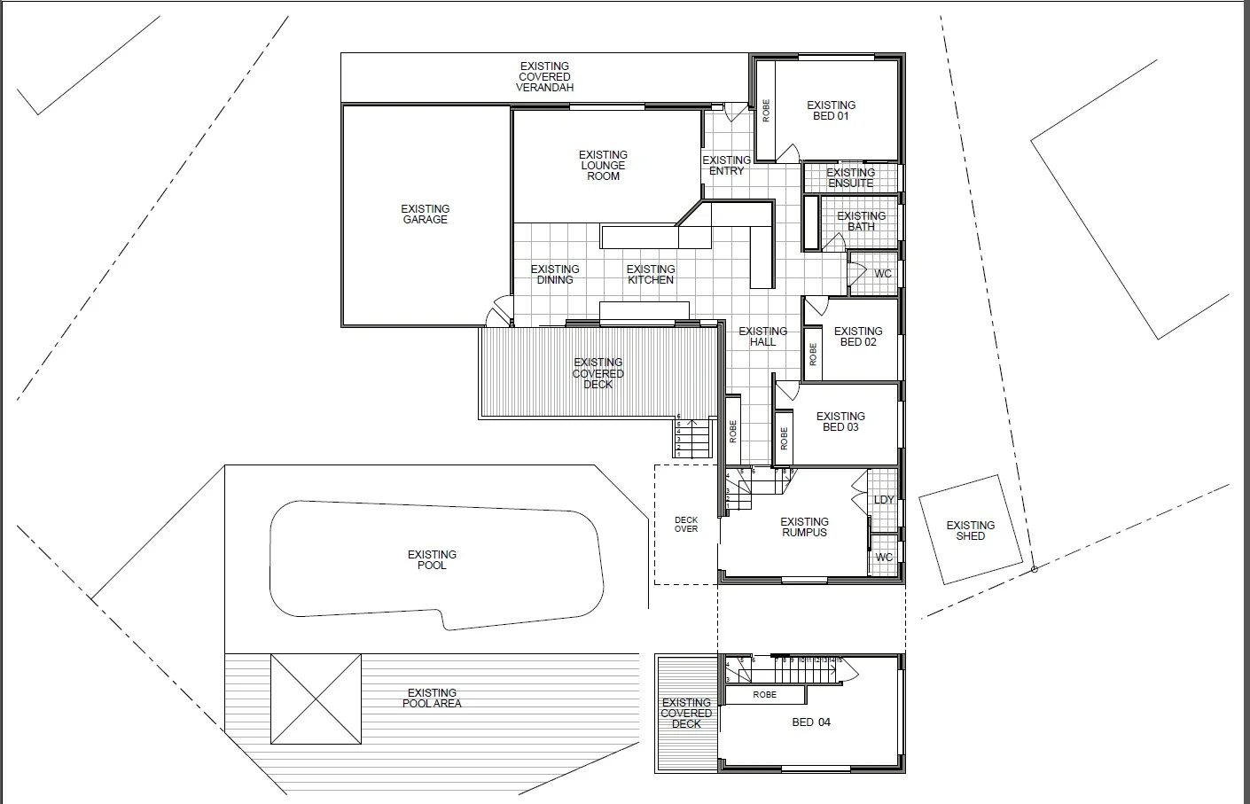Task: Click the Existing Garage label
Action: click(426, 215)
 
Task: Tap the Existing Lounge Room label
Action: click(603, 166)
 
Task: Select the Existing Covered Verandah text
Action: click(544, 77)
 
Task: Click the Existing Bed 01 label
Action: click(831, 111)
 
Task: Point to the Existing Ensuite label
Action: click(850, 178)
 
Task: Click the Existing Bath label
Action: click(861, 222)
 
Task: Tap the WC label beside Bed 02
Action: click(883, 274)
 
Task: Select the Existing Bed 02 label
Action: click(857, 337)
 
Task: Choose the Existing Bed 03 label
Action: click(840, 422)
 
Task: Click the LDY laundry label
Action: click(884, 500)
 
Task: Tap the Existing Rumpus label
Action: click(804, 527)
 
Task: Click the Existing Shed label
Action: click(970, 531)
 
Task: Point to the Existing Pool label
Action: click(432, 560)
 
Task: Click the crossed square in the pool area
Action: click(316, 699)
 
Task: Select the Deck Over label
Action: click(686, 525)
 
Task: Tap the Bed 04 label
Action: click(811, 722)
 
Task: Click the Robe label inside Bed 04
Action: click(764, 695)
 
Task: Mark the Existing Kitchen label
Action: click(650, 275)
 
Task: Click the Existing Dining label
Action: click(555, 275)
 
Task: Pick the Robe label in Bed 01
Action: click(766, 111)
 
